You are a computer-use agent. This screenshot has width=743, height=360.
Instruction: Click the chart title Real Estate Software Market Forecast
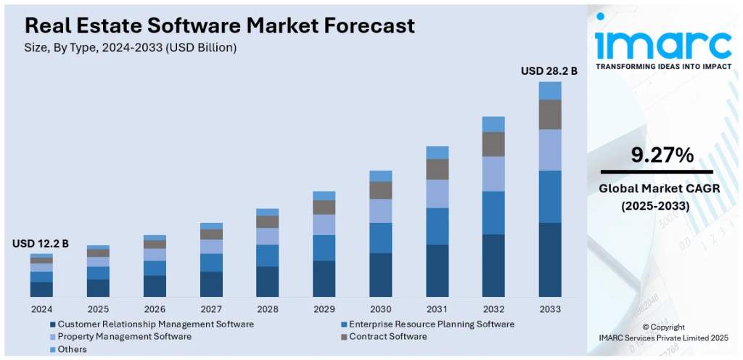coord(220,26)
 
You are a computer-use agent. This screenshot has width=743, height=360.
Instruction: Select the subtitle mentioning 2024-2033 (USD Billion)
coord(131,47)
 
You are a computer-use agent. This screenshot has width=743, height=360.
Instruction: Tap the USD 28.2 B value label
coord(549,71)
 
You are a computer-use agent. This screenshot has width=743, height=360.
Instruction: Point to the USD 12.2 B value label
coord(41,244)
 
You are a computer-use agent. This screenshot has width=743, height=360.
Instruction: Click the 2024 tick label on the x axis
coord(41,309)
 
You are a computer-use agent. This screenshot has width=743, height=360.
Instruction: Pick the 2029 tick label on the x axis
coord(324,309)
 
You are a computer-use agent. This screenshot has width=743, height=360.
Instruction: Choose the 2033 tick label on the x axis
coord(550,309)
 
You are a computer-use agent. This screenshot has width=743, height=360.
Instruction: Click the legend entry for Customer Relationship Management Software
coord(155,324)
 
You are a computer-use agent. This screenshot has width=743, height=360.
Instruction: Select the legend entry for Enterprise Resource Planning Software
coord(431,324)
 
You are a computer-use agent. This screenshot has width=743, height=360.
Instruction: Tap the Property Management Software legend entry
coord(124,337)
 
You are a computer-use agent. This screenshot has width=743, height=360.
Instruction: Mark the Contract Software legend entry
coord(387,337)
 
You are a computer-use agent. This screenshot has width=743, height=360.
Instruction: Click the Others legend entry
coord(72,349)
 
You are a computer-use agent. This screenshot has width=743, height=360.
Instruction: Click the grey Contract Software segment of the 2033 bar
coord(550,115)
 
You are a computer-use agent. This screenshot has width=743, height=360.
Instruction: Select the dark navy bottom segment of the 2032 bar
coord(493,265)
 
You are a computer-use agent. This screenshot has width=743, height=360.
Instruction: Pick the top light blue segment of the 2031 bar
coord(437,152)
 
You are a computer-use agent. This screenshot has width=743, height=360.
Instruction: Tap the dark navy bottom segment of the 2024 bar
coord(41,290)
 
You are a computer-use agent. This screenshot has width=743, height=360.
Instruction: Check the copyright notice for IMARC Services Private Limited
coord(662,332)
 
